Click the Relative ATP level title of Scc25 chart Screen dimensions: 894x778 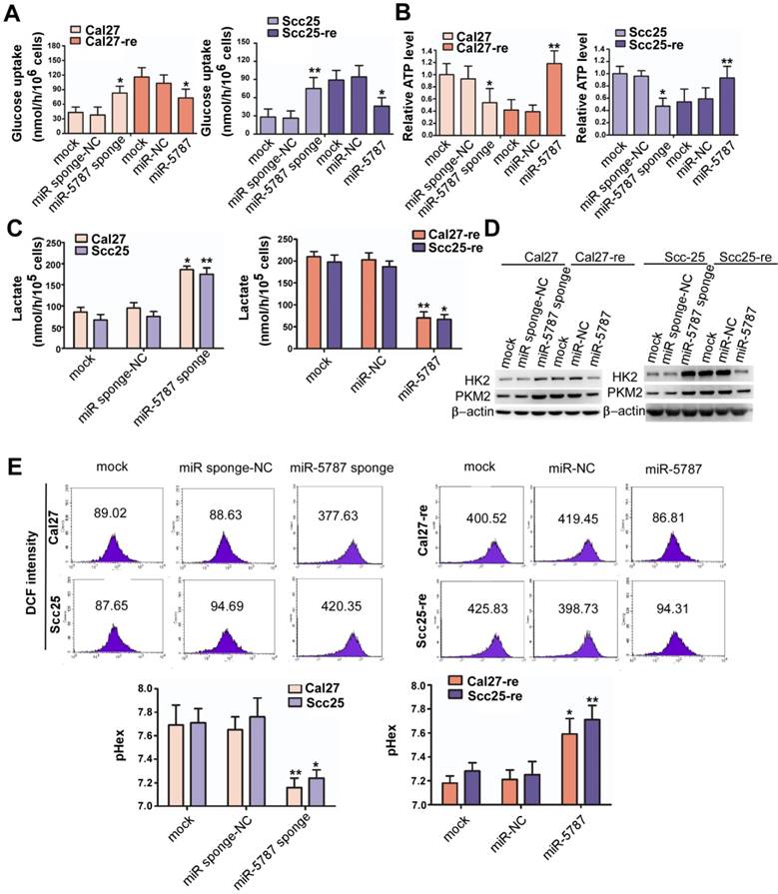tap(584, 86)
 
